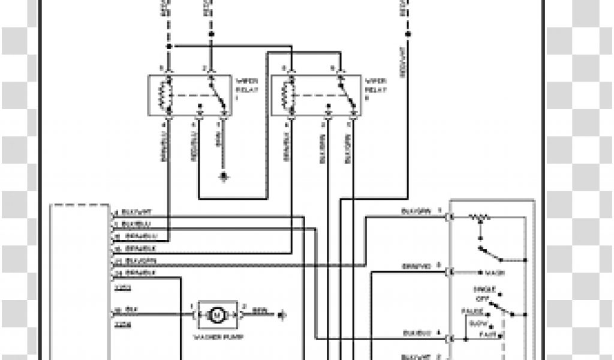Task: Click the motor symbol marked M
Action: (x=217, y=314)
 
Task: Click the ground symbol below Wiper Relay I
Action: (x=224, y=176)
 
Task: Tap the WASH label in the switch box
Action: (x=495, y=273)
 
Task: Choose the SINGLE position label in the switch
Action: (x=481, y=289)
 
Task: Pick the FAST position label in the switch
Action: (x=486, y=333)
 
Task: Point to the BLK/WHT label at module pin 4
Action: (x=135, y=212)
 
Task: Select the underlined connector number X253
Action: (x=122, y=287)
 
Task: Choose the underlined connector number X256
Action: (x=122, y=323)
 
